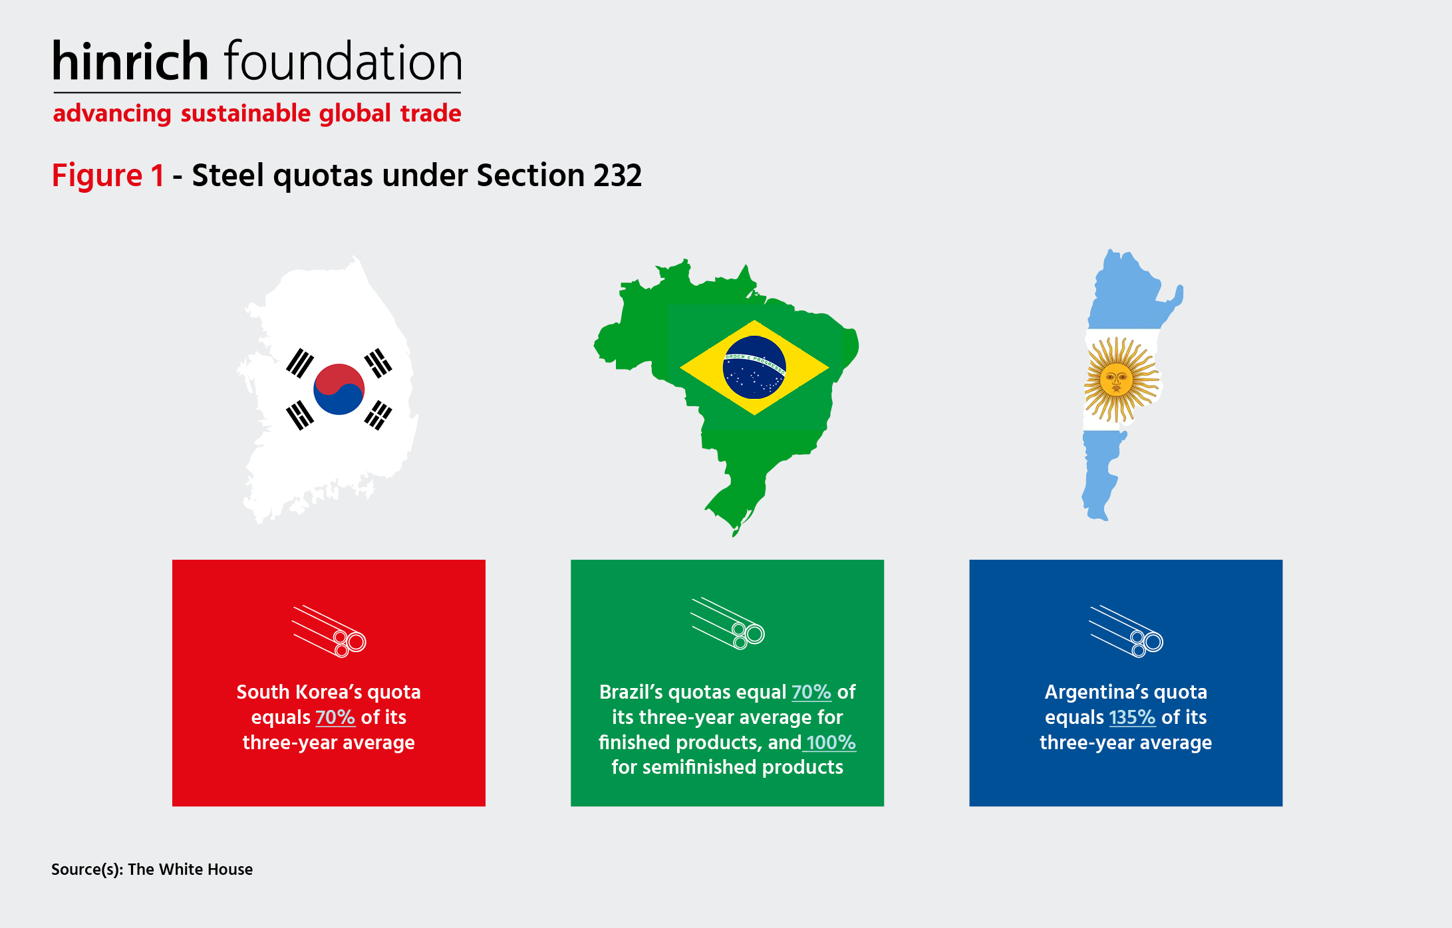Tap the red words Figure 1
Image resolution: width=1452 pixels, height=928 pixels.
tap(108, 175)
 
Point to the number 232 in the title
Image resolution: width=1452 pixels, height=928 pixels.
tap(617, 175)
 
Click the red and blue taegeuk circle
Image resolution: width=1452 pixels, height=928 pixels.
tap(339, 389)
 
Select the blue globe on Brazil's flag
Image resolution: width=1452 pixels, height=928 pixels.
tap(754, 367)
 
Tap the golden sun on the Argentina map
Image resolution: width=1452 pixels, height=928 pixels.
tap(1120, 380)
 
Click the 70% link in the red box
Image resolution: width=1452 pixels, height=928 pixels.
tap(335, 717)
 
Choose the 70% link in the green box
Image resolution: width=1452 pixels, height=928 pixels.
tap(811, 692)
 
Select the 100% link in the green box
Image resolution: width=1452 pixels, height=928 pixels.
tap(831, 743)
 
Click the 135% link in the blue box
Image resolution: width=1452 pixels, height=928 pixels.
tap(1132, 717)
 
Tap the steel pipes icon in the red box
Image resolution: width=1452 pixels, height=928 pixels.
tap(329, 631)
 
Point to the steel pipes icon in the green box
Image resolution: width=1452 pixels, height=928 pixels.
tap(728, 623)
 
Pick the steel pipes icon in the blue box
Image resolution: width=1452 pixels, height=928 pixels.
tap(1125, 631)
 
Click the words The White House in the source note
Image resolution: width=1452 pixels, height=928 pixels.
tap(190, 870)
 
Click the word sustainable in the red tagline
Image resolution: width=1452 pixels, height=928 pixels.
tap(245, 114)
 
